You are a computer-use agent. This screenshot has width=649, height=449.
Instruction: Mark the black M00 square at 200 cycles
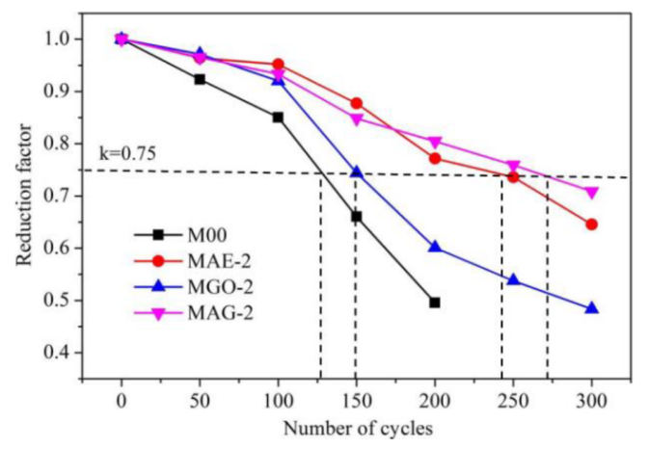click(435, 303)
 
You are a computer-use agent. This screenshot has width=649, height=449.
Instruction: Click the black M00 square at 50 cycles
click(200, 79)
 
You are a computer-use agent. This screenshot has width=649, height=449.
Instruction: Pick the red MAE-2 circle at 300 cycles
click(591, 224)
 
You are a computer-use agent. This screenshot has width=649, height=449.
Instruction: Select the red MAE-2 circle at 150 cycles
click(357, 103)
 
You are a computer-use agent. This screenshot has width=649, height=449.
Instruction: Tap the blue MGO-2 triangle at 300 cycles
click(591, 308)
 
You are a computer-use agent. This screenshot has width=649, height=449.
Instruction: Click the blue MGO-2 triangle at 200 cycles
click(435, 247)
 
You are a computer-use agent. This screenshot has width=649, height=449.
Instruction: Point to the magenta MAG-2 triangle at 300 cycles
click(591, 193)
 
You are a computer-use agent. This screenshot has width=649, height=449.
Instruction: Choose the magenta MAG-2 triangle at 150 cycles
click(357, 119)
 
